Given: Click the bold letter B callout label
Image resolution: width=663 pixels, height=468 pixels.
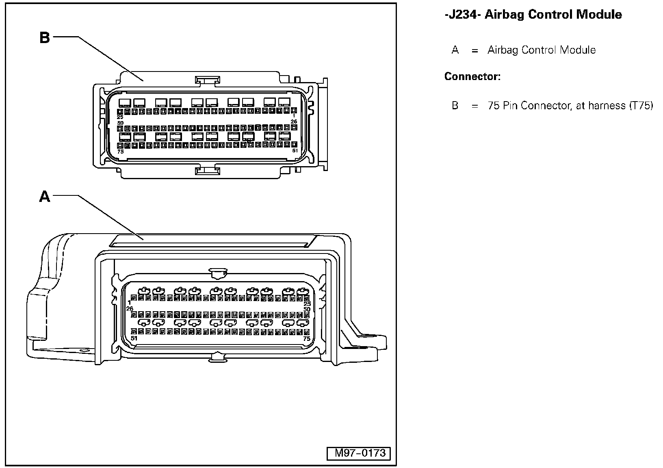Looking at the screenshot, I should [x=44, y=37].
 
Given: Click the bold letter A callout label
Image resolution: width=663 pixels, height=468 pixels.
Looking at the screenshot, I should [x=44, y=197].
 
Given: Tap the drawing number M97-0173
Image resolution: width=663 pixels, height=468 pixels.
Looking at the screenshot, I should [x=360, y=453].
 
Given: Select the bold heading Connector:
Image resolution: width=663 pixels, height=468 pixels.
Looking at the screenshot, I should [x=472, y=76].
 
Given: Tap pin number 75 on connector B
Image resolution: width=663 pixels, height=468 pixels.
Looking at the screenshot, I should [x=120, y=152].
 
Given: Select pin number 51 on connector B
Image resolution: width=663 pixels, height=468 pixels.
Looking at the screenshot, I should [x=295, y=151].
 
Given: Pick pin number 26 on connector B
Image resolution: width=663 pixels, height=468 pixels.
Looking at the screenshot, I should [x=294, y=121].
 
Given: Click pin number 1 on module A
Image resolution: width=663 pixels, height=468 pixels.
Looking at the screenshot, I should [x=129, y=303].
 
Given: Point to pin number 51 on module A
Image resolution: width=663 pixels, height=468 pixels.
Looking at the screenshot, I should [x=134, y=338].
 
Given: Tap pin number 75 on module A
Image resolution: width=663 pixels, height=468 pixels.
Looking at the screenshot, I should [x=307, y=338].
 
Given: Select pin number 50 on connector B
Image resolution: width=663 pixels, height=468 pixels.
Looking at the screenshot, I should [x=120, y=123].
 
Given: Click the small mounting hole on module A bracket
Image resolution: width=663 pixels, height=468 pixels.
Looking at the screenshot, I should [x=84, y=350].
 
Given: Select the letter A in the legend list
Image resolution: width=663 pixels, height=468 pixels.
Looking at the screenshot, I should [x=455, y=50].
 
